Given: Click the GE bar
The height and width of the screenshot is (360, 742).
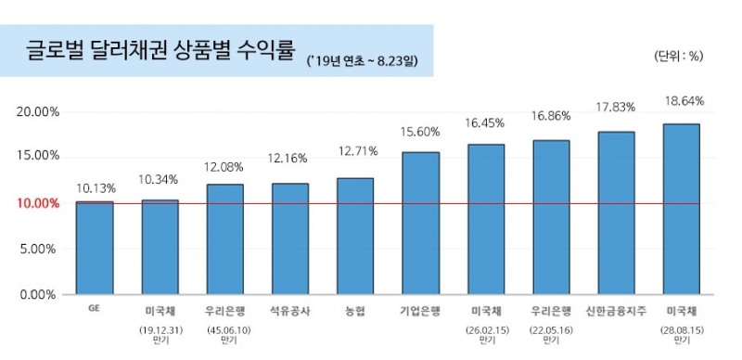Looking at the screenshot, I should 94,248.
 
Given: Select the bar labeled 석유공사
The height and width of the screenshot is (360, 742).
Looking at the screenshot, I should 289,238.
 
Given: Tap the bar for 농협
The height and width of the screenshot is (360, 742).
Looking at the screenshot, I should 354,236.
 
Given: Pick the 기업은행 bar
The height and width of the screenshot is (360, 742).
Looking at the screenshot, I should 420,223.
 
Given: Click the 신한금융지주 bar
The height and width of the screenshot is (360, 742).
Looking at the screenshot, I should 616,212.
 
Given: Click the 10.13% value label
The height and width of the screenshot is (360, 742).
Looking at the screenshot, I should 94,186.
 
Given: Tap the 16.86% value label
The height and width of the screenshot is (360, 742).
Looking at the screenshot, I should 551,118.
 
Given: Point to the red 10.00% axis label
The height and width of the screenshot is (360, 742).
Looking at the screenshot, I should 38,203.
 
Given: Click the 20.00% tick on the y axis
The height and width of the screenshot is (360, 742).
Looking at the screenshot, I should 38,111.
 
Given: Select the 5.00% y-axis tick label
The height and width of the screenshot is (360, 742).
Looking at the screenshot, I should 41,249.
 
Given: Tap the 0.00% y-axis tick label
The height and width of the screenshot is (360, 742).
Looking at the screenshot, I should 41,294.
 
